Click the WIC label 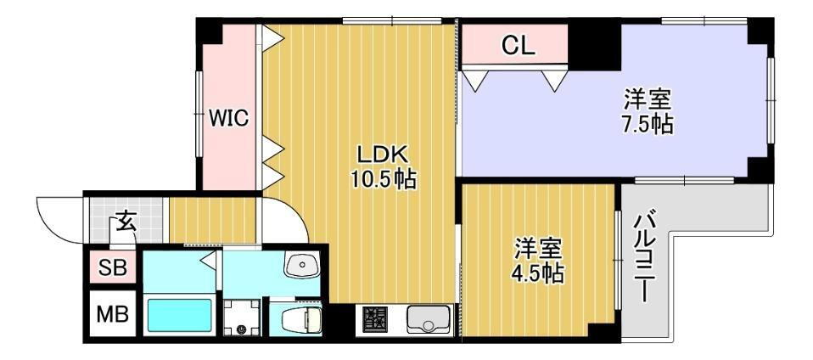point(228,118)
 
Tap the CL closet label point(517,48)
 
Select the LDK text point(384,155)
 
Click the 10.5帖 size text point(384,179)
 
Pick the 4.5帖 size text point(538,273)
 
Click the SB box point(113,267)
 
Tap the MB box point(113,314)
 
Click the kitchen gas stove point(375,319)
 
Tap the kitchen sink point(428,319)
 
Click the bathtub point(178,316)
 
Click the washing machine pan point(241,318)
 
